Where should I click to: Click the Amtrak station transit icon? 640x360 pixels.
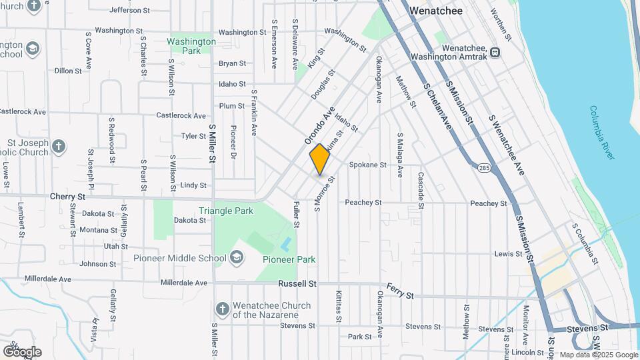(495, 52)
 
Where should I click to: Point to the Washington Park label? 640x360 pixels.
(191, 46)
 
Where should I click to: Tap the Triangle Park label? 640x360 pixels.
(226, 211)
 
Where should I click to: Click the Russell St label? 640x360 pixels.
(297, 283)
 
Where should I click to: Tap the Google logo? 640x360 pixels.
(22, 351)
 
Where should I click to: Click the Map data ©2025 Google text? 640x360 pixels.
(598, 355)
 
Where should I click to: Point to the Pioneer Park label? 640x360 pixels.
(289, 259)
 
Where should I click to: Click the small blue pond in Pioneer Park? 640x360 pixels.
(285, 244)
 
